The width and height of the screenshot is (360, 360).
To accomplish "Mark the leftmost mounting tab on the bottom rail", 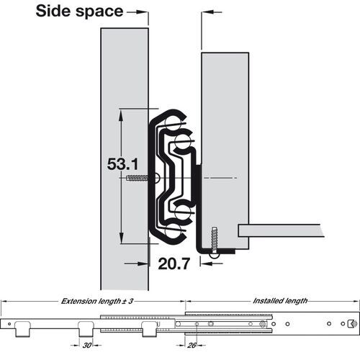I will [22, 329].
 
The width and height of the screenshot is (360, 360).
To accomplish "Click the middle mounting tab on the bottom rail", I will [84, 330].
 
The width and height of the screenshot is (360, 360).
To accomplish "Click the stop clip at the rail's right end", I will [351, 324].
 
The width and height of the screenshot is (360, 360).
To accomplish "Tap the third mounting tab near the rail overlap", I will [150, 329].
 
